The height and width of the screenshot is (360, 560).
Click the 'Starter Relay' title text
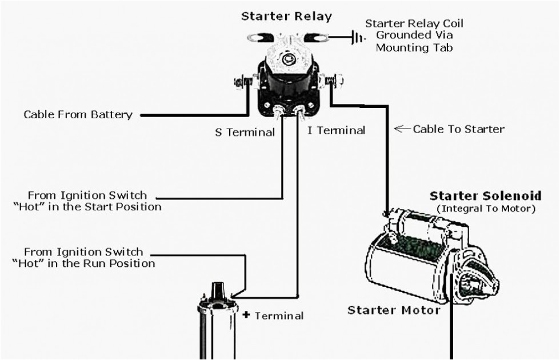coord(286,16)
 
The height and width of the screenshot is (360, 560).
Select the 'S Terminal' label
coord(245,132)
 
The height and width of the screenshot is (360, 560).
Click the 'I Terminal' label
coord(337,130)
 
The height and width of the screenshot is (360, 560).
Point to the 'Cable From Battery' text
coord(78,115)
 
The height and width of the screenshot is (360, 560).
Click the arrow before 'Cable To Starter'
coord(403,129)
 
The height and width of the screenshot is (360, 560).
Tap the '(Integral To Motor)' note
coord(486,209)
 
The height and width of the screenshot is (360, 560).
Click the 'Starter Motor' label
coord(394,310)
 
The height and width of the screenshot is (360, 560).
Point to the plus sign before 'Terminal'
coord(246,314)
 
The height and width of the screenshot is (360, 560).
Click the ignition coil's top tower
coord(218,291)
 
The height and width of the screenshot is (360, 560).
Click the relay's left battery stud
coord(239,82)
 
